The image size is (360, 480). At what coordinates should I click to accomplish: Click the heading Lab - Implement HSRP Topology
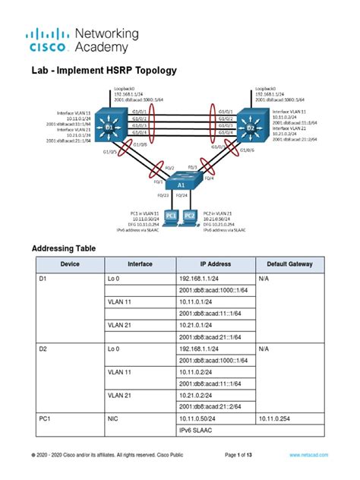coord(103,70)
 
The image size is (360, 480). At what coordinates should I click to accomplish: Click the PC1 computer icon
coord(172,216)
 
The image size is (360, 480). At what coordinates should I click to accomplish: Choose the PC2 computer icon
coord(190,216)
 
